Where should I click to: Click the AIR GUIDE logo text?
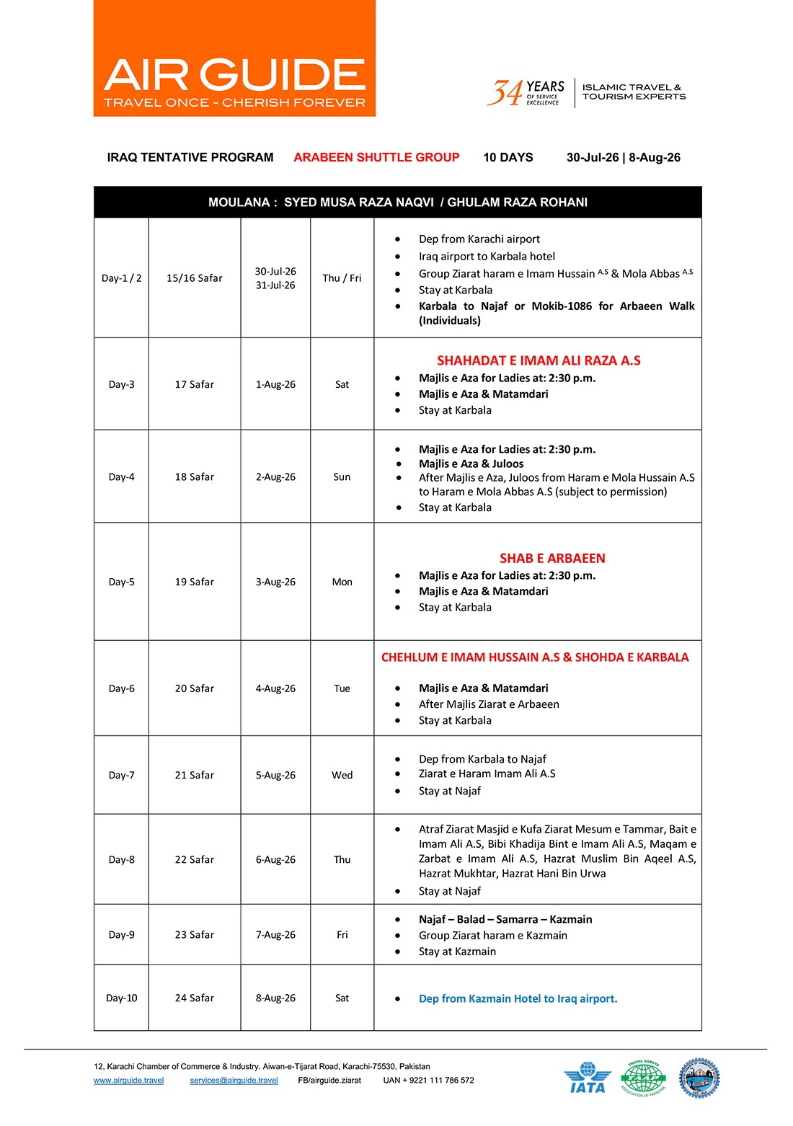click(234, 74)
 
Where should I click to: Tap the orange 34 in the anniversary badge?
click(505, 93)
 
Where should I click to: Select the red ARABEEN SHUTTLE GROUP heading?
click(376, 157)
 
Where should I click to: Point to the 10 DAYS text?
click(508, 157)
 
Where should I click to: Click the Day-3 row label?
click(121, 384)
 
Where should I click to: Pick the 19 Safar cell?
click(194, 582)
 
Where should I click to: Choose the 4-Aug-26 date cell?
click(275, 688)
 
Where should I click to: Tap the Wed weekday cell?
click(342, 775)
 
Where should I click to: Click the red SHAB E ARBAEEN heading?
click(552, 558)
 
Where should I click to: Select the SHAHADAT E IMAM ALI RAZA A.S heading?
click(539, 360)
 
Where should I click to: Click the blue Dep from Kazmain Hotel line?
click(518, 998)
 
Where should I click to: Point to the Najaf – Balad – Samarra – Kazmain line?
click(505, 919)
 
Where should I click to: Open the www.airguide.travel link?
click(128, 1080)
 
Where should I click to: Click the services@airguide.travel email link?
click(234, 1080)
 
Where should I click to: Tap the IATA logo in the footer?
click(588, 1078)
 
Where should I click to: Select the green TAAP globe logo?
click(643, 1078)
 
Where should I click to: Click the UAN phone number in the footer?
click(428, 1080)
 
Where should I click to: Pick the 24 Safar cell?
click(194, 998)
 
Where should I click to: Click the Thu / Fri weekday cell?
click(342, 278)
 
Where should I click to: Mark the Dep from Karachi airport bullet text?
click(479, 239)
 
